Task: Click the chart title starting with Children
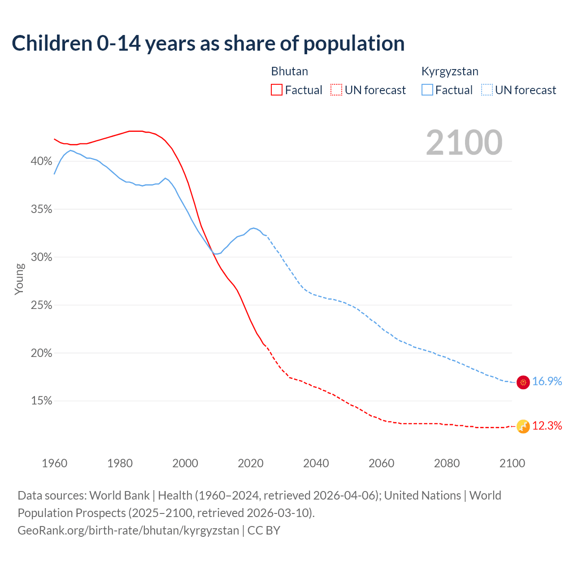[208, 43]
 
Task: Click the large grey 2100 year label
[464, 143]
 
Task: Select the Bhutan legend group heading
[289, 71]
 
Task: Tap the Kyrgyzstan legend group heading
[450, 71]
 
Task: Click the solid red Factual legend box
[277, 90]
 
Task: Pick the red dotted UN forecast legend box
[336, 90]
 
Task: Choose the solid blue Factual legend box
[427, 90]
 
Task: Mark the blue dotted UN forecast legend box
[487, 90]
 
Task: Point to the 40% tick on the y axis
[41, 161]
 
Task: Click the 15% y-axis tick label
[41, 401]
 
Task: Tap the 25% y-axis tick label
[41, 305]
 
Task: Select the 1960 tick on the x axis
[54, 463]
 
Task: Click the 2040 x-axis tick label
[316, 463]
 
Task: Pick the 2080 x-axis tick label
[447, 463]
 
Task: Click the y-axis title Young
[19, 279]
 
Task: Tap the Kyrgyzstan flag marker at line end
[523, 382]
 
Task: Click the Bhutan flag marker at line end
[523, 426]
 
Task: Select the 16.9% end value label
[547, 382]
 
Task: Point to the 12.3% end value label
[547, 426]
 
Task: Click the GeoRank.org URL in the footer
[128, 531]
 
